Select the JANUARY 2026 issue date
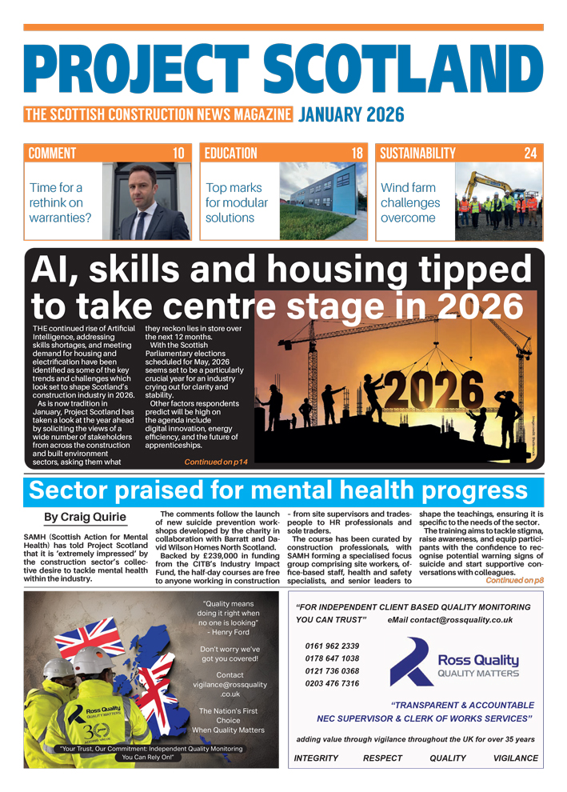(x=351, y=114)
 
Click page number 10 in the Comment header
(x=179, y=154)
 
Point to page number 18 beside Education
(x=357, y=154)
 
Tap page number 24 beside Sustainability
(x=530, y=154)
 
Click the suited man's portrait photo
(x=146, y=202)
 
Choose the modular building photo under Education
(x=323, y=202)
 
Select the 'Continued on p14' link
(x=216, y=462)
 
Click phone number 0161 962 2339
(x=332, y=646)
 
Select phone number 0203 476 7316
(x=332, y=683)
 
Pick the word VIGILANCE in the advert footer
(x=516, y=758)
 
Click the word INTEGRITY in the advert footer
(x=316, y=758)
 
